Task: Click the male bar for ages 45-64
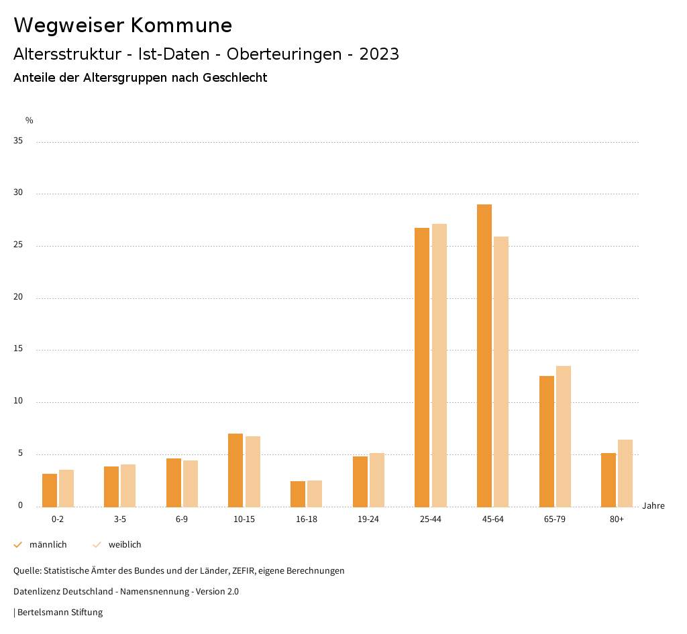484,355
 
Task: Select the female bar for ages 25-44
439,365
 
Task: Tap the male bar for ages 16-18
298,494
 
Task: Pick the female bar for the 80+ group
625,473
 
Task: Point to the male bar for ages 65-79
547,441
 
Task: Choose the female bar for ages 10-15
253,471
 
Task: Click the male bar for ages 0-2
50,490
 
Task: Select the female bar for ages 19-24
377,480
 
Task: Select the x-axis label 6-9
182,519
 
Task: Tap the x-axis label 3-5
120,519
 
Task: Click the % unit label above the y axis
30,121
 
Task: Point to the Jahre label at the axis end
653,506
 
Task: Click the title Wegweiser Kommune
123,25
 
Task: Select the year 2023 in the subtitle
379,54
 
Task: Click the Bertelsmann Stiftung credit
60,613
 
